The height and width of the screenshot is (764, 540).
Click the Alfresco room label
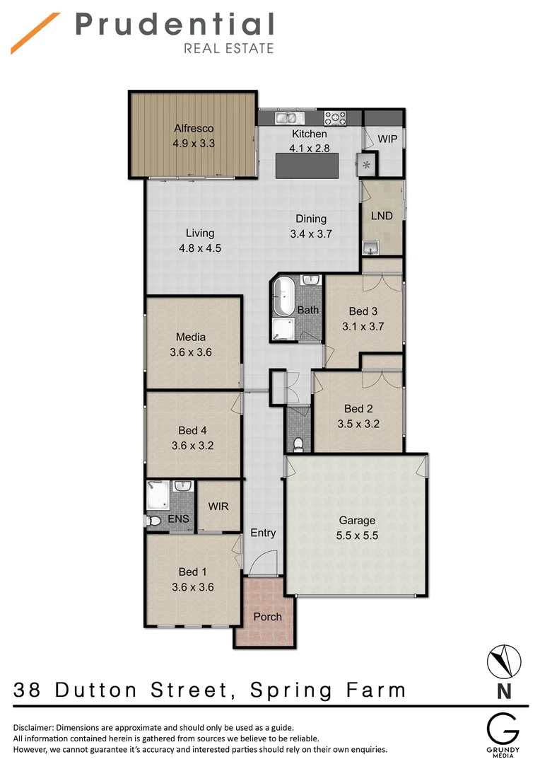[194, 129]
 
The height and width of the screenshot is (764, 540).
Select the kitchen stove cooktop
[335, 117]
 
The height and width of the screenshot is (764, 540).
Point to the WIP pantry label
[387, 139]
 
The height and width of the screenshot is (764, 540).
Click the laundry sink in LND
[371, 246]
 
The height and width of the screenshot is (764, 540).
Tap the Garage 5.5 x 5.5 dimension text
[357, 536]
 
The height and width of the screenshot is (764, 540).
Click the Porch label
[267, 616]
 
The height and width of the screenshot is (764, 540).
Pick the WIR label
[218, 507]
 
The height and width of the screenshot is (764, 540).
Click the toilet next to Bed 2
[298, 444]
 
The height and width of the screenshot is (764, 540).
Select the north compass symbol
[505, 661]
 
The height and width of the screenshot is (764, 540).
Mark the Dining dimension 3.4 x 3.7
[311, 233]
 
